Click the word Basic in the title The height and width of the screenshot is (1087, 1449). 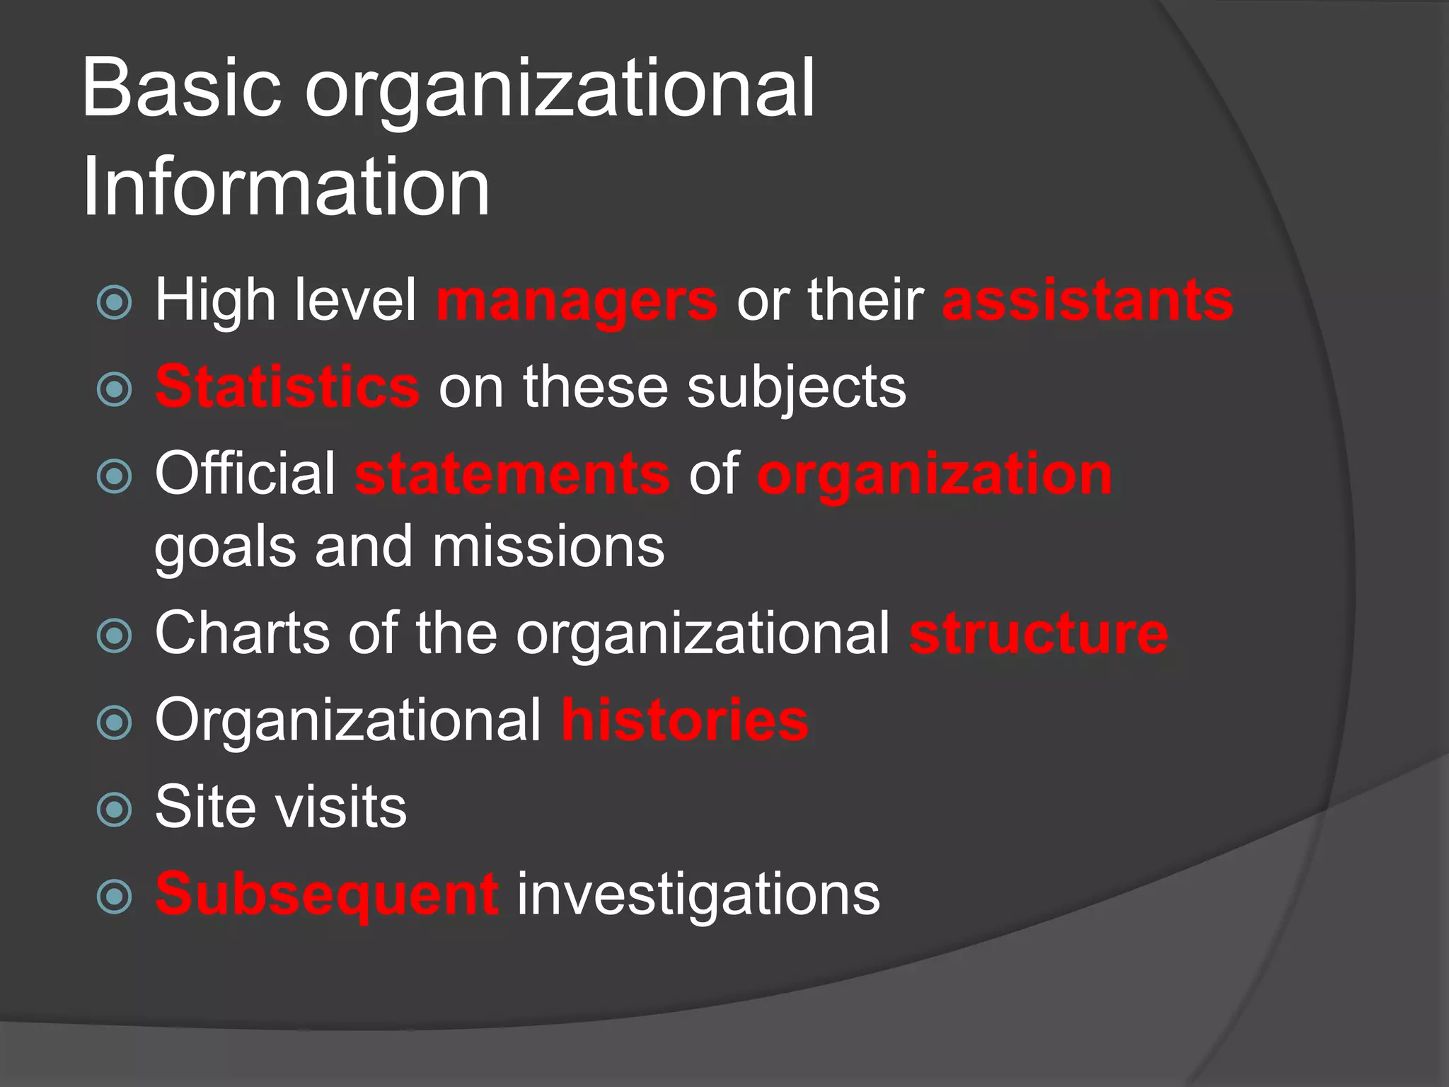click(181, 89)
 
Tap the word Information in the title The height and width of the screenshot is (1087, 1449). click(286, 188)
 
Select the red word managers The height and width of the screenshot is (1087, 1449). click(577, 301)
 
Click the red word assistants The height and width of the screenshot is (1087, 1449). click(1087, 300)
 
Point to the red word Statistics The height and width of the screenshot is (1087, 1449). click(287, 387)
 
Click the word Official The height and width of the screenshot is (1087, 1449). click(246, 473)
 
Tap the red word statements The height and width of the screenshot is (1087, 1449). click(512, 475)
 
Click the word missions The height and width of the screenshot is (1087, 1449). click(548, 547)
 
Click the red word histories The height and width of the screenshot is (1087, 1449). click(685, 720)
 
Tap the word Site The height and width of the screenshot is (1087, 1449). click(204, 807)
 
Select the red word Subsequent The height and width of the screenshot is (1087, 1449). click(327, 894)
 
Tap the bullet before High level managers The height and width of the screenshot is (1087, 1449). click(115, 303)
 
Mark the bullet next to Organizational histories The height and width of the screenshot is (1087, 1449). click(115, 723)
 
